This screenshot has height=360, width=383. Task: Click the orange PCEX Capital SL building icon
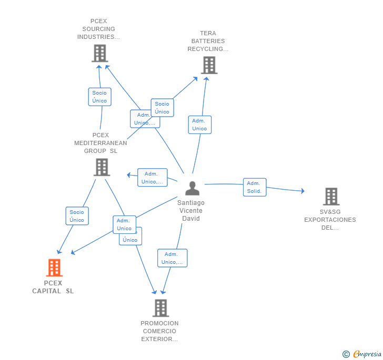click(x=54, y=268)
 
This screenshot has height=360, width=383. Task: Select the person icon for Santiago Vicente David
click(x=193, y=188)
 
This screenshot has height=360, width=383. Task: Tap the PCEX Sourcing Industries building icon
click(x=99, y=53)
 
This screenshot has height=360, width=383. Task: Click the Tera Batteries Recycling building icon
click(x=209, y=65)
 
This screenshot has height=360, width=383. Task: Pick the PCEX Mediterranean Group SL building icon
click(x=102, y=167)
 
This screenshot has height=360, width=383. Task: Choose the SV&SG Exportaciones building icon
click(x=331, y=197)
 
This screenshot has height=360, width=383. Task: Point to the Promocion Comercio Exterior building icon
click(x=160, y=308)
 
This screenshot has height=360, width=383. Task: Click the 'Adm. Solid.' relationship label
click(x=255, y=187)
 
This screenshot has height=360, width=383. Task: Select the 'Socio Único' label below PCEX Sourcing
click(x=99, y=97)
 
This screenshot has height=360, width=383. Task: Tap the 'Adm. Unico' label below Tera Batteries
click(x=199, y=125)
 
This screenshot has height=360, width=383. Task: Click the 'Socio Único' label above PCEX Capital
click(x=77, y=216)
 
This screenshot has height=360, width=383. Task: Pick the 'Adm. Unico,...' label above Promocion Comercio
click(x=172, y=258)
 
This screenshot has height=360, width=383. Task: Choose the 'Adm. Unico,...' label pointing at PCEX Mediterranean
click(x=152, y=178)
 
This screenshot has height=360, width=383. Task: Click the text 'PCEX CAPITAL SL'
click(x=53, y=287)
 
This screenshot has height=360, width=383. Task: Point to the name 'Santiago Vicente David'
click(x=191, y=211)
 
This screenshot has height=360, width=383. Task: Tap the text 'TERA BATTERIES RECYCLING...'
click(x=208, y=41)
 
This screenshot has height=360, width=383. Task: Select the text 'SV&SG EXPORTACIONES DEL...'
click(x=330, y=220)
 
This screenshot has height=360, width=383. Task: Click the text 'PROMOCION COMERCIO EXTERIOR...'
click(x=159, y=331)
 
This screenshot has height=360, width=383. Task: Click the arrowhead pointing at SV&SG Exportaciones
click(x=302, y=191)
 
